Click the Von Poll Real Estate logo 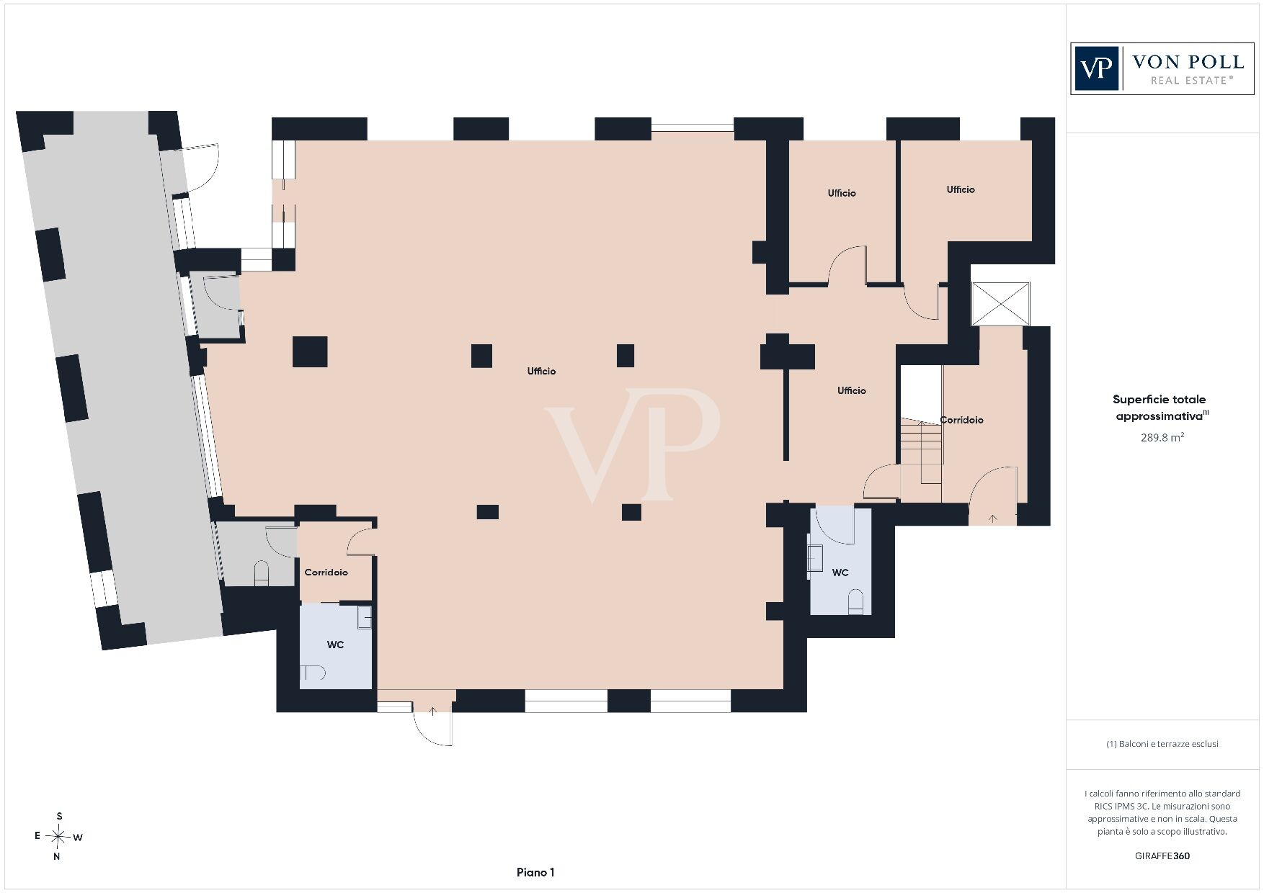tap(1162, 68)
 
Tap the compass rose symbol tap(58, 836)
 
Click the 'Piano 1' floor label tap(535, 872)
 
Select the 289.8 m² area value tap(1162, 437)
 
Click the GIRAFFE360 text tap(1162, 856)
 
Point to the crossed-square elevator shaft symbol tap(1000, 304)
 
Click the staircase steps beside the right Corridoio tap(921, 454)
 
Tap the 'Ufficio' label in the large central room tap(541, 371)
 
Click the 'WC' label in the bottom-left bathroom tap(335, 645)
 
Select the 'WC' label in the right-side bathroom tap(840, 573)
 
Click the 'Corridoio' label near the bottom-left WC tap(326, 572)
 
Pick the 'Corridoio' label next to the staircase tap(961, 420)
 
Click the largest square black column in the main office tap(310, 351)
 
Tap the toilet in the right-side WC tap(855, 601)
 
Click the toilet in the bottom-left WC tap(313, 673)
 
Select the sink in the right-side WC tap(815, 558)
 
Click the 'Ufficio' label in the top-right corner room tap(961, 189)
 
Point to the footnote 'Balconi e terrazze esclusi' tap(1162, 744)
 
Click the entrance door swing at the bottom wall tap(433, 724)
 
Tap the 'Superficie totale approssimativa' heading tap(1160, 407)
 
